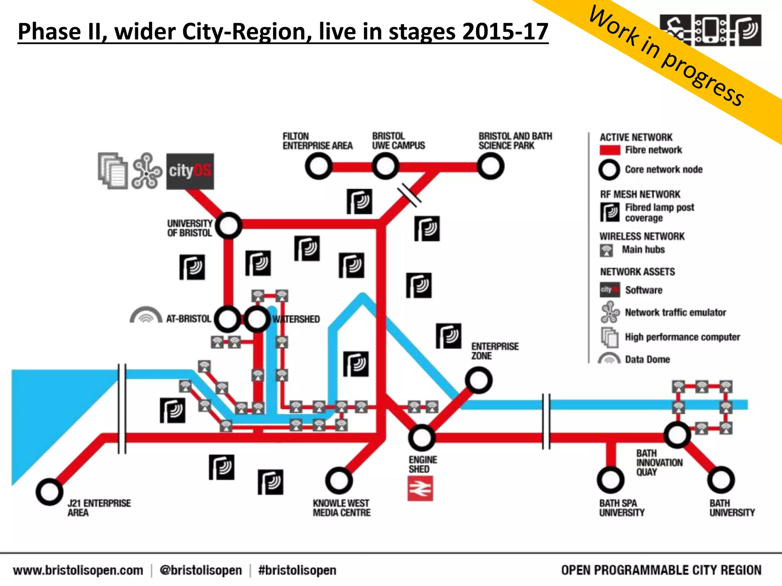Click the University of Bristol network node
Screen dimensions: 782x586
pyautogui.click(x=228, y=225)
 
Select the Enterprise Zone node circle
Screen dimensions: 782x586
pyautogui.click(x=478, y=380)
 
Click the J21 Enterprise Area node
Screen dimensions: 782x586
pyautogui.click(x=49, y=492)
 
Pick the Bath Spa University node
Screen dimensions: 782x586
pyautogui.click(x=611, y=480)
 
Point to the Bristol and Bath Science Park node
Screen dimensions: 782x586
pyautogui.click(x=490, y=166)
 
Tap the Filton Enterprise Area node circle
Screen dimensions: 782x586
pyautogui.click(x=318, y=166)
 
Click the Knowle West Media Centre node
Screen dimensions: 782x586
pyautogui.click(x=339, y=480)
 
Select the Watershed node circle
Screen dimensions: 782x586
pyautogui.click(x=257, y=319)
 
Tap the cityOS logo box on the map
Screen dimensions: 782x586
pyautogui.click(x=190, y=171)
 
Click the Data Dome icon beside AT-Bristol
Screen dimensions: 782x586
pyautogui.click(x=146, y=315)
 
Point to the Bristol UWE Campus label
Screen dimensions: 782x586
pyautogui.click(x=398, y=141)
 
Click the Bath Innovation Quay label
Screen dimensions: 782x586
pyautogui.click(x=659, y=462)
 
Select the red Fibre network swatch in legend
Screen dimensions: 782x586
pyautogui.click(x=610, y=150)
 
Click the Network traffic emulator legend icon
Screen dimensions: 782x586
pyautogui.click(x=610, y=312)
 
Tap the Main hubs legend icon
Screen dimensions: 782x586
pyautogui.click(x=606, y=250)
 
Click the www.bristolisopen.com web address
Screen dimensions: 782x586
pyautogui.click(x=78, y=570)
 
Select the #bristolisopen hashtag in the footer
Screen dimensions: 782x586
pyautogui.click(x=297, y=570)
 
